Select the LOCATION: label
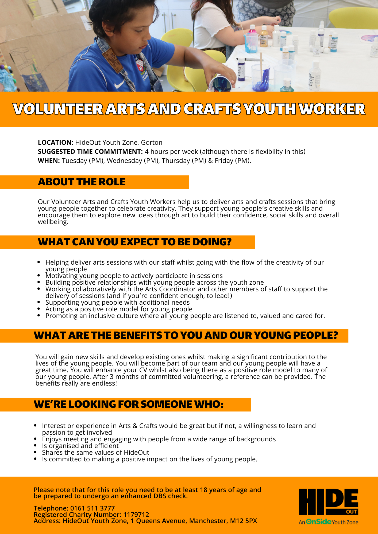[56, 143]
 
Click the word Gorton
[152, 143]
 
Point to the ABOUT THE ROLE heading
[82, 182]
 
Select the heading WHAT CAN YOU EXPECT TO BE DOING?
[135, 242]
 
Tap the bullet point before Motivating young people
[39, 276]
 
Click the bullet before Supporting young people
[39, 302]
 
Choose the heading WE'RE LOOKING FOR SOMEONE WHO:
[129, 405]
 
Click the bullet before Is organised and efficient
[36, 446]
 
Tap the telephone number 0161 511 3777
[92, 508]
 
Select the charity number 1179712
[136, 515]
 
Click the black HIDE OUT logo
[328, 502]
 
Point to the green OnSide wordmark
[319, 522]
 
